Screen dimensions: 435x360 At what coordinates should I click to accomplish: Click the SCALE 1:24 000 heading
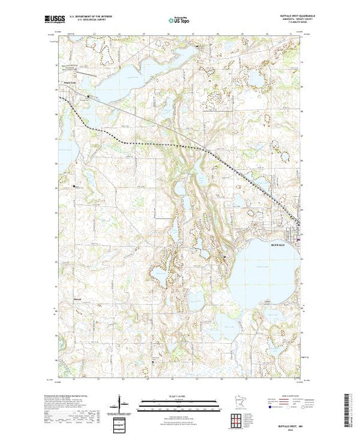[180, 394]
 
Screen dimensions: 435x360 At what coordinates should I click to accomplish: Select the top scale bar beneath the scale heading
[180, 400]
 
